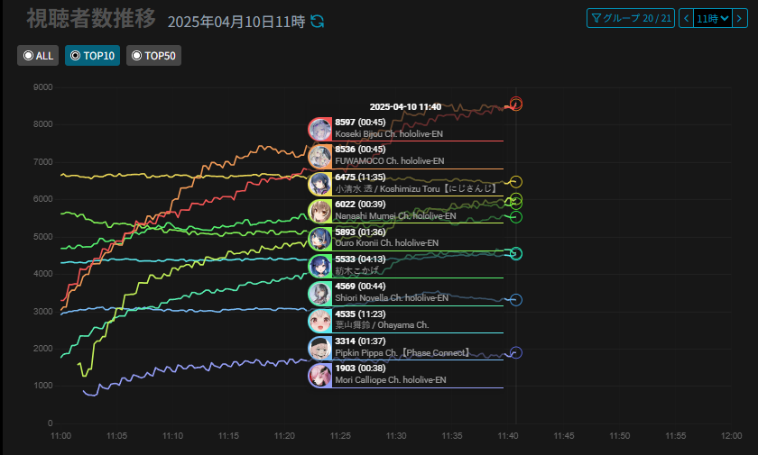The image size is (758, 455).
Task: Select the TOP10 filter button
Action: tap(92, 56)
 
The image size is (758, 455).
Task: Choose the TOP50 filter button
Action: tap(153, 56)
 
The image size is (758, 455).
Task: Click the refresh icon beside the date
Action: tap(317, 21)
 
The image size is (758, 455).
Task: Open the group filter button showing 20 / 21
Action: tap(630, 18)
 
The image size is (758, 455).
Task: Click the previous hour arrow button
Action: tap(686, 18)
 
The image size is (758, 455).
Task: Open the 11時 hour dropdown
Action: tap(713, 18)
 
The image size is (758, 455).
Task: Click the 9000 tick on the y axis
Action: tap(42, 87)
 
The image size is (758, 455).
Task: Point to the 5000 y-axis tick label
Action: tap(42, 237)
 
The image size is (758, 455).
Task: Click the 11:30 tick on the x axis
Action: tap(396, 435)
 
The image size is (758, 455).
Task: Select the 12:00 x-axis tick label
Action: tap(731, 435)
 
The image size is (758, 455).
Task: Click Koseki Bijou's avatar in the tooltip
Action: tap(320, 129)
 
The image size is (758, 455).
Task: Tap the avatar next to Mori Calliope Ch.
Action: tap(320, 375)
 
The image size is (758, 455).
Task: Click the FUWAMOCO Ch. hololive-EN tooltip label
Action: tap(389, 161)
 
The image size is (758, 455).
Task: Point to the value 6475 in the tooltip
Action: tap(346, 177)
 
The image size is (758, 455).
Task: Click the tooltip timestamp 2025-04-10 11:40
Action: tap(405, 107)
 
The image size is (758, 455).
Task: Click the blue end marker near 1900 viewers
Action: tap(516, 353)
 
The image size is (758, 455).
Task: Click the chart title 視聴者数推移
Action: tap(90, 19)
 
